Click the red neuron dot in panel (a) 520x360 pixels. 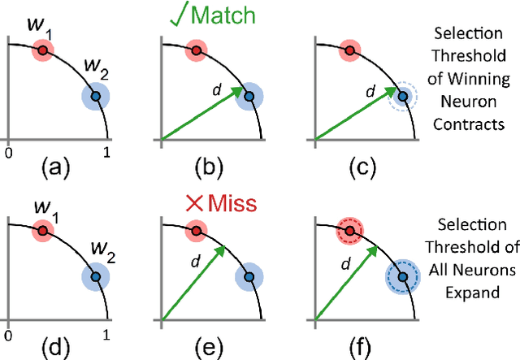pos(42,51)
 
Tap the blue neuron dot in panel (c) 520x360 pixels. pos(404,97)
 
